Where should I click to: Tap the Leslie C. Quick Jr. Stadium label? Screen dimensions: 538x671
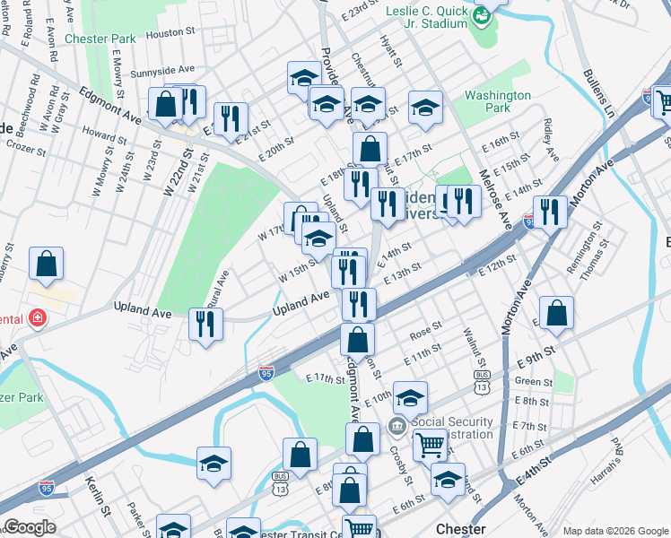427,16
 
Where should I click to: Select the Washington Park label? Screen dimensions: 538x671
498,102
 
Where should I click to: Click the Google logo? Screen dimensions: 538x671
30,526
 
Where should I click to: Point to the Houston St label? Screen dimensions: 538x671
170,33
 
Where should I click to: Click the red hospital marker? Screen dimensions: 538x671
37,317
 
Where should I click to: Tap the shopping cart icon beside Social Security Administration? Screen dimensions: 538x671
431,442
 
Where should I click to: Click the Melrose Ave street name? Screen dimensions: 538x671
494,197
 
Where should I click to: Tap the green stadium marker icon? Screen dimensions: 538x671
482,15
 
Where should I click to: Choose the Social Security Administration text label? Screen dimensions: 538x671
453,428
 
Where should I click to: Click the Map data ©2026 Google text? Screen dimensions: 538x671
614,531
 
